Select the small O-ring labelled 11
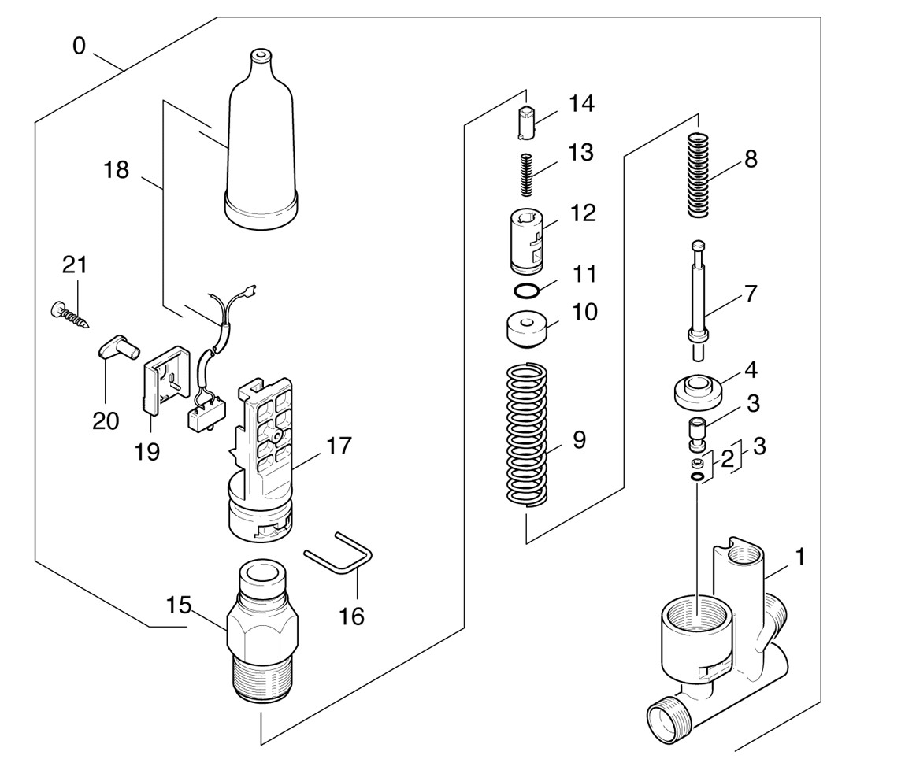click(527, 291)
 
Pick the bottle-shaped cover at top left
click(261, 150)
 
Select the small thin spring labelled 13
click(528, 176)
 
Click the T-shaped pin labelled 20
click(117, 348)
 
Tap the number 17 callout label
click(339, 446)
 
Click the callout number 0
click(79, 46)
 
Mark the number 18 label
click(117, 168)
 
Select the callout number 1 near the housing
click(799, 557)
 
